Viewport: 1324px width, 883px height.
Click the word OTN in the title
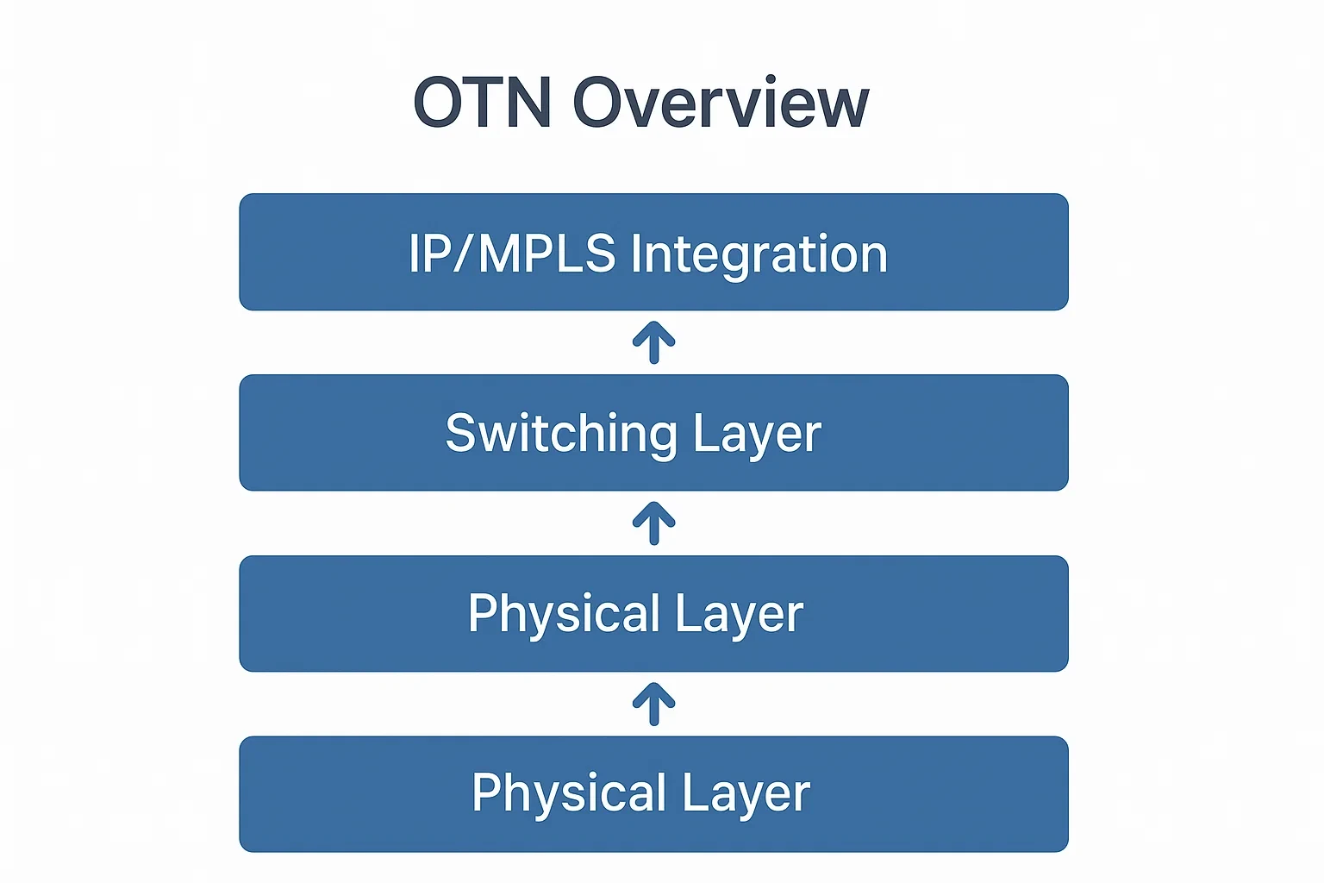[483, 103]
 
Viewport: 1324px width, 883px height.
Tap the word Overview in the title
[721, 103]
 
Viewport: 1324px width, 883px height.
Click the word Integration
[759, 255]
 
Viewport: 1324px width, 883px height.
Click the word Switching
[561, 434]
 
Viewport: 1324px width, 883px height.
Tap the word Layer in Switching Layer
[757, 434]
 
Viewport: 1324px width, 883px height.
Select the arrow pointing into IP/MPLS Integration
[653, 342]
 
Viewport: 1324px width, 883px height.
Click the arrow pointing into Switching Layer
[653, 523]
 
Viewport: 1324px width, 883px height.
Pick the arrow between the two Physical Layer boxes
[653, 704]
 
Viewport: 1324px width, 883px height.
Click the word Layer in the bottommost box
[746, 794]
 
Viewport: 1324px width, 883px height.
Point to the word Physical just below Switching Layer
[565, 614]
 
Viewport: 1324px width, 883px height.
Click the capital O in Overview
[600, 103]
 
